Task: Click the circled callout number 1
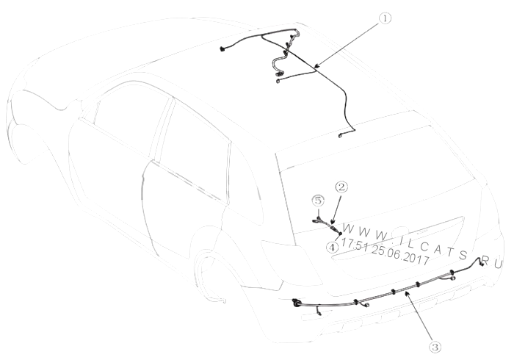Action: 385,18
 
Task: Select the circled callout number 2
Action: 341,187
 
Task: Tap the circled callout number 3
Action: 435,347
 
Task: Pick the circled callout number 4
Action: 333,247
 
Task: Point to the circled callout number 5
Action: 318,201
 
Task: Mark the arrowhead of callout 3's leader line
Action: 407,293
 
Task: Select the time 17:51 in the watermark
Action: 354,244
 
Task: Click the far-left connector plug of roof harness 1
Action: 222,49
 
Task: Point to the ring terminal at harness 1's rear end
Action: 341,135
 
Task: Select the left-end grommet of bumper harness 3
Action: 297,303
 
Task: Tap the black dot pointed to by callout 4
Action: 340,234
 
